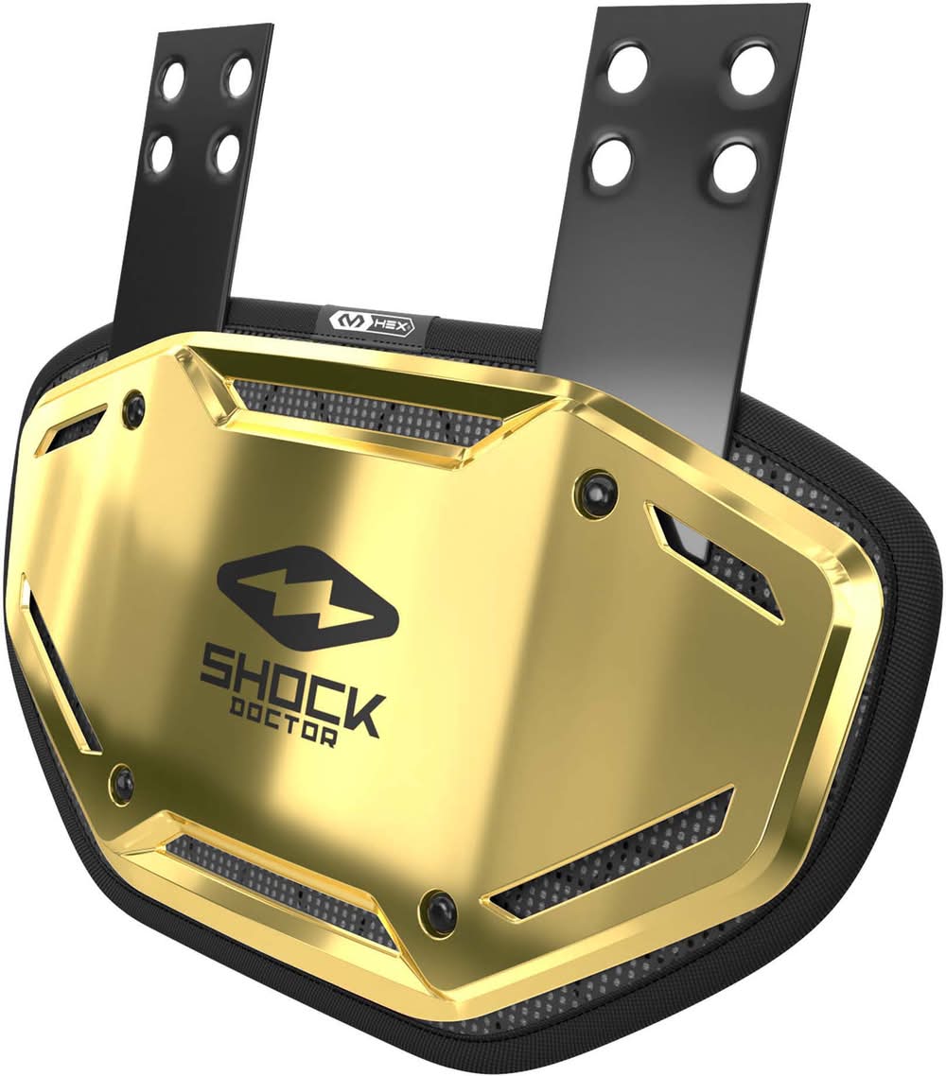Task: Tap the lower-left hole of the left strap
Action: pos(163,148)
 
